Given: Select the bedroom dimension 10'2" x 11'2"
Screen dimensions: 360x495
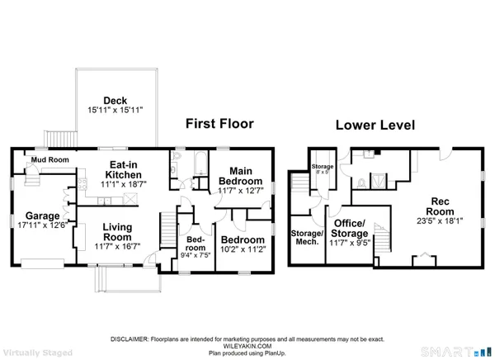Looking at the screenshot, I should pyautogui.click(x=240, y=250).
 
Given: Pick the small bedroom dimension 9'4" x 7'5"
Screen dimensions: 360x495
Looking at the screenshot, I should pyautogui.click(x=195, y=254).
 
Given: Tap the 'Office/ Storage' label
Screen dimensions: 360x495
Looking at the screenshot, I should pyautogui.click(x=348, y=229).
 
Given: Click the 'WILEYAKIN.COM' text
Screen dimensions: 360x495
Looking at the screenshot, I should pyautogui.click(x=247, y=346).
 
